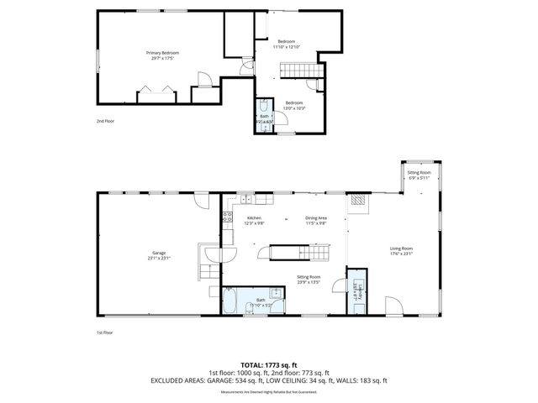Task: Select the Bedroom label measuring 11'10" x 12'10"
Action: pos(287,44)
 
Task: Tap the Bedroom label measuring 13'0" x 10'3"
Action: pos(293,106)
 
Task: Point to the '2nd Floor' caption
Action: pos(104,122)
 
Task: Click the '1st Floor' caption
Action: pos(103,332)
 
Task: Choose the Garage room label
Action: pos(159,255)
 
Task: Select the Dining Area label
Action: pos(315,221)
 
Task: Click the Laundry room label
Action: pos(356,295)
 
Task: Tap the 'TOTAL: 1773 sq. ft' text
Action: pos(269,365)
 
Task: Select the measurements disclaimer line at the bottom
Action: pos(269,392)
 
